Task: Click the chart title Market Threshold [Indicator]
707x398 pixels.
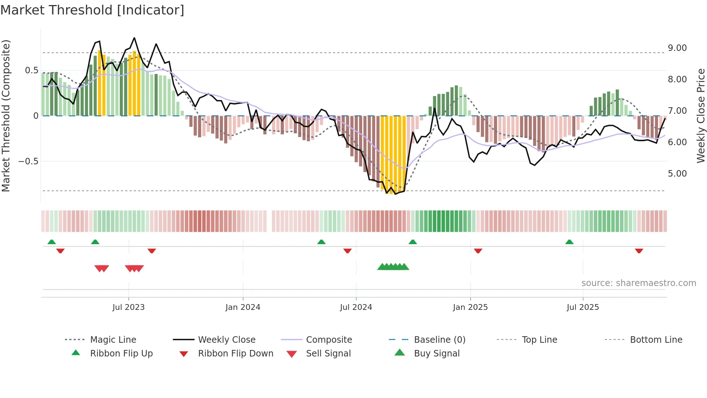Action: click(92, 10)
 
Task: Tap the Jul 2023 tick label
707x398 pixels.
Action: click(128, 307)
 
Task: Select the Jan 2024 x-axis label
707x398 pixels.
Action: click(243, 307)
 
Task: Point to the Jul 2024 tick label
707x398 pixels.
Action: click(356, 307)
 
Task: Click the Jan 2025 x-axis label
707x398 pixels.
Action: click(470, 307)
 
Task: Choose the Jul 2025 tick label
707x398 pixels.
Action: click(583, 307)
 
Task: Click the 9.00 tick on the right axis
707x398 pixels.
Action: click(677, 48)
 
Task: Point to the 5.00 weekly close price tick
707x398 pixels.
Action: click(677, 174)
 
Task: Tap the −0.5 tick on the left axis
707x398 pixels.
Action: click(28, 161)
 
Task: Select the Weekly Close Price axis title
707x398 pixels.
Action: click(701, 116)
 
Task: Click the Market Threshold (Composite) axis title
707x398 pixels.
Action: click(6, 116)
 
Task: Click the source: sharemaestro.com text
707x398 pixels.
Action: click(638, 283)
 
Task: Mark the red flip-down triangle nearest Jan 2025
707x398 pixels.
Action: click(478, 251)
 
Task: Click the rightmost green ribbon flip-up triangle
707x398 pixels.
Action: click(569, 242)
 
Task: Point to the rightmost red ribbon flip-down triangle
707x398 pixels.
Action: click(639, 251)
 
